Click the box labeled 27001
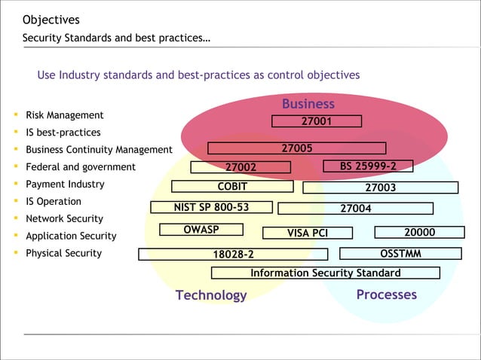pos(317,121)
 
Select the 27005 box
pos(296,148)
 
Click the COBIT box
pos(232,187)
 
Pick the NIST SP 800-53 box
pos(211,207)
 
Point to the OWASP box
pos(201,230)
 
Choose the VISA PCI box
pos(307,233)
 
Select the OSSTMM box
pos(400,254)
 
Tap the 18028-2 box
pos(233,255)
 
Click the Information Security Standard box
pos(325,273)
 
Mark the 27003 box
pos(380,188)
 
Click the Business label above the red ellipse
pos(308,104)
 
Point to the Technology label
pos(211,295)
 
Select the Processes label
pos(386,294)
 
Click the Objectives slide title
pos(51,20)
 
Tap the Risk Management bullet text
pos(65,115)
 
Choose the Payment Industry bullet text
pos(65,185)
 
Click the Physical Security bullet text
pos(63,253)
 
